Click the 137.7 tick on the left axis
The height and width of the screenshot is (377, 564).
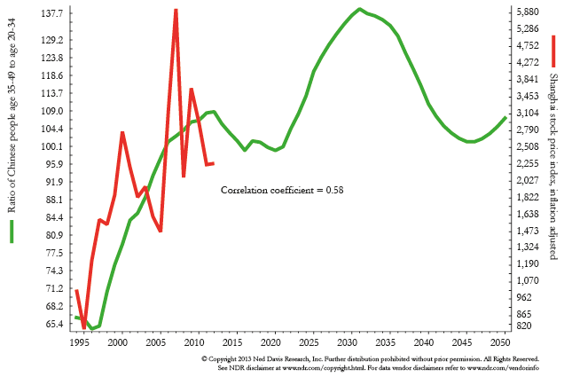pos(52,13)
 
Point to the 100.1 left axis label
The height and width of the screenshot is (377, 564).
pos(52,146)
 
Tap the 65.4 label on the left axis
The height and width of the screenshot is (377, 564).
pos(54,324)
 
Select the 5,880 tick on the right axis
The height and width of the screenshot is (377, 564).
pos(528,12)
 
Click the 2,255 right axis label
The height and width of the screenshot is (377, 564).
pos(528,163)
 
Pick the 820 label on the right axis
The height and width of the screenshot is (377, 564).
pos(524,326)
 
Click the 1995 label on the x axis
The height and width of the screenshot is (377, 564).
pos(80,342)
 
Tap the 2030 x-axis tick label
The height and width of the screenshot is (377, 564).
pos(347,342)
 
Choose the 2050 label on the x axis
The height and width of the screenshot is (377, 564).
pos(500,342)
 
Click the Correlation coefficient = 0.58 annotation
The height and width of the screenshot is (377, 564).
pos(282,190)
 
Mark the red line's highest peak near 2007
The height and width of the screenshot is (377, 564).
pos(176,10)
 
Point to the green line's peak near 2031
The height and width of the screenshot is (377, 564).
pos(359,9)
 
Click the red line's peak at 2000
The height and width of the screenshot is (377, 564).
pos(122,133)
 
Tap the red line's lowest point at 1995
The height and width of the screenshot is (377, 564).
pos(84,327)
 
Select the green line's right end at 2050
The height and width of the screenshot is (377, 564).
pos(505,117)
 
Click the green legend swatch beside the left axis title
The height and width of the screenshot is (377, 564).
pos(12,232)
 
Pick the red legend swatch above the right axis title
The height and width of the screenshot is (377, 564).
pos(553,51)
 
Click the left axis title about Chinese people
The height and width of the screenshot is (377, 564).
pos(12,115)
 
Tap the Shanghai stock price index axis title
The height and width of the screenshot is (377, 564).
pos(553,166)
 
